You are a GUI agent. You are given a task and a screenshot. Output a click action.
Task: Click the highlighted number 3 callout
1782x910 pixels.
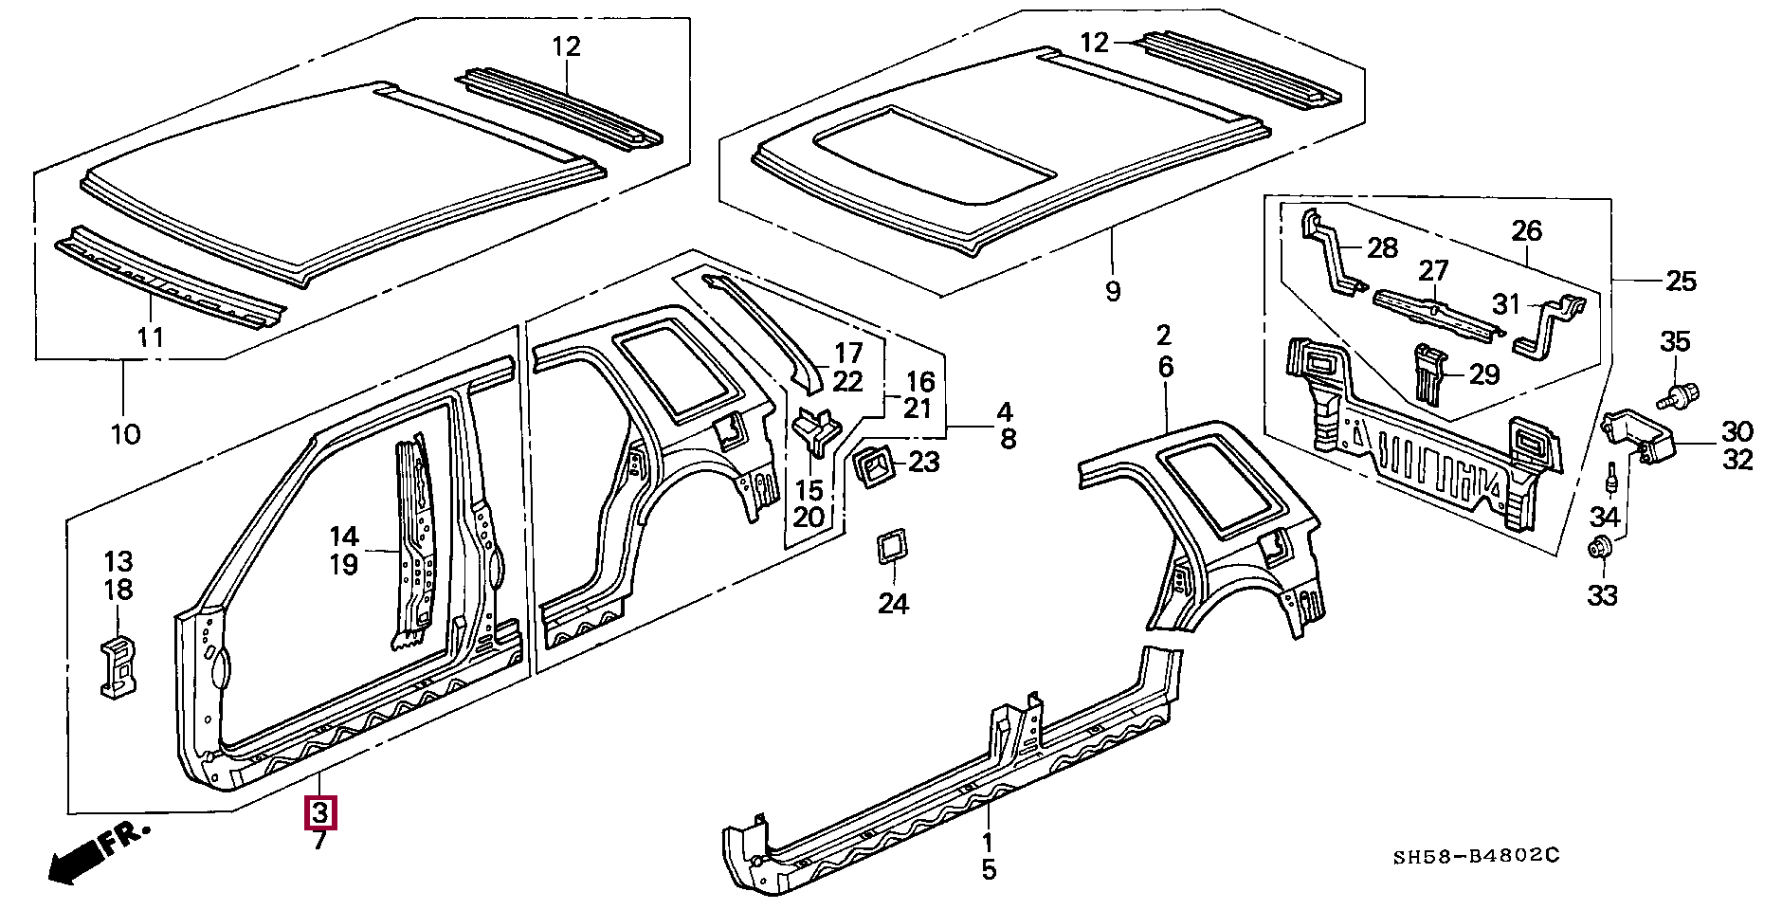(x=319, y=813)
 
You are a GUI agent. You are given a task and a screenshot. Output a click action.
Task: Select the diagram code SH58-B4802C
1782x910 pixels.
(x=1477, y=857)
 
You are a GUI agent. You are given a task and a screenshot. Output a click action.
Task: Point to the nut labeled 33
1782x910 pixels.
(x=1601, y=547)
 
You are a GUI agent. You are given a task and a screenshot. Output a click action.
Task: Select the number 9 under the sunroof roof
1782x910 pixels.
(x=1113, y=291)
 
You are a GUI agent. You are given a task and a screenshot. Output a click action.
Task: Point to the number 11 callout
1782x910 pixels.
(x=151, y=337)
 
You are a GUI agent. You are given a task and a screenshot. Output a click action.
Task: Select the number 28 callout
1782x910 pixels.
(x=1383, y=248)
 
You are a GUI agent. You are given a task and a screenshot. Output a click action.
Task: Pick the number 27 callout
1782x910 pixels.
(x=1434, y=271)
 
